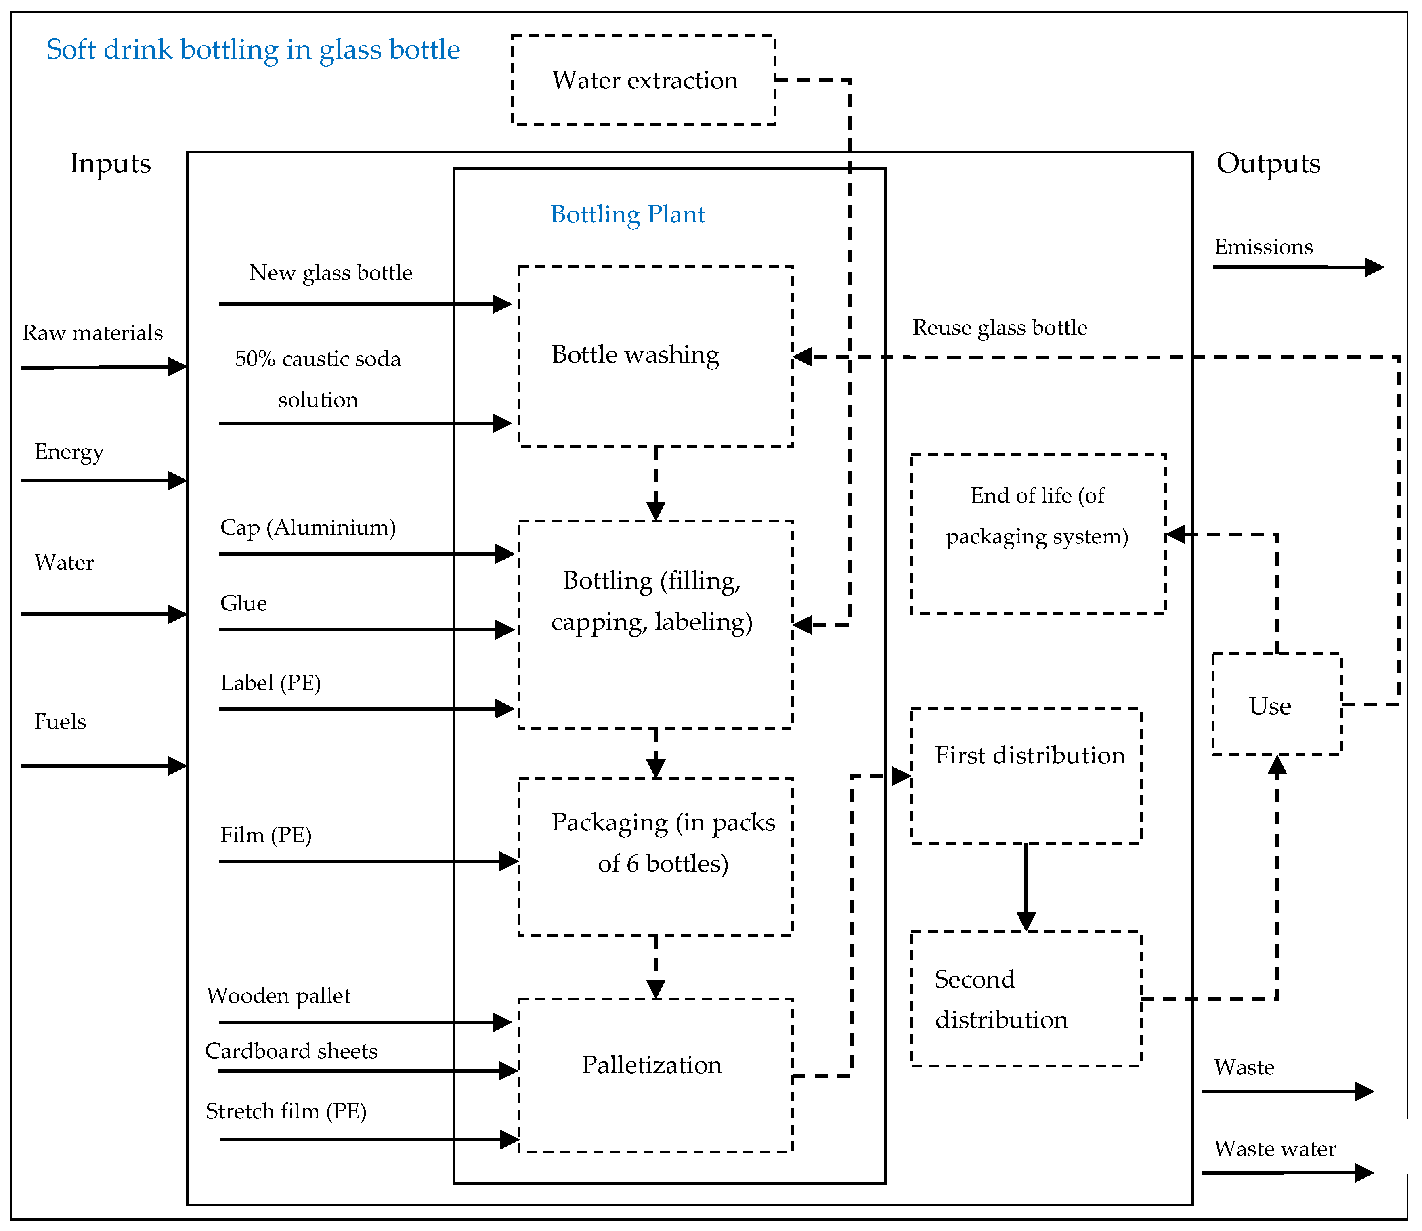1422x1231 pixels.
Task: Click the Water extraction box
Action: tap(644, 80)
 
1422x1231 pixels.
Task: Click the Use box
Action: tap(1276, 705)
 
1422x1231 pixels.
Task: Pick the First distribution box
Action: tap(1026, 776)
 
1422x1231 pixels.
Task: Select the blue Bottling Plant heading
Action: tap(627, 214)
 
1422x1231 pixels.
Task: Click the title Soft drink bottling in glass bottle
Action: tap(253, 50)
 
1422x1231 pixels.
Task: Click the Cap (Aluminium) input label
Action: tap(308, 528)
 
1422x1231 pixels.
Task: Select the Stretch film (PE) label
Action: tap(286, 1111)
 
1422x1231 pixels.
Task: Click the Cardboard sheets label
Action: tap(291, 1051)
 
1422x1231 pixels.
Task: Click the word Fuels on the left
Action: tap(61, 721)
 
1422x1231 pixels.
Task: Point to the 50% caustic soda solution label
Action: tap(317, 378)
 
